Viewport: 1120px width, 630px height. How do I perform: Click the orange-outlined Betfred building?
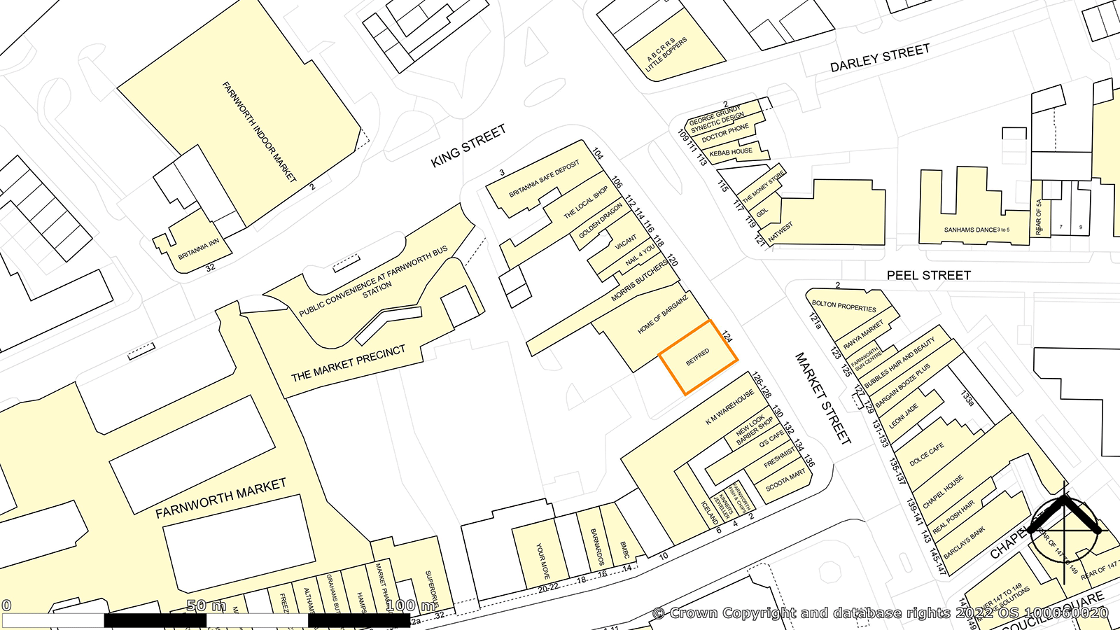[698, 358]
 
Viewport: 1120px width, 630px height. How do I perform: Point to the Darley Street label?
[880, 58]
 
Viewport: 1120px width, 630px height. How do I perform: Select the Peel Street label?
[928, 276]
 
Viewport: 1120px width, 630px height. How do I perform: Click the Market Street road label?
[822, 398]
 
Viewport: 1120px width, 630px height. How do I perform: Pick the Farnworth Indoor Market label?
[259, 132]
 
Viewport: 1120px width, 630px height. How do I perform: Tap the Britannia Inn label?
[198, 248]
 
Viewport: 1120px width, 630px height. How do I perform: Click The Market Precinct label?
[348, 363]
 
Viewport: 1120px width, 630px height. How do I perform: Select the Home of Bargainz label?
[662, 314]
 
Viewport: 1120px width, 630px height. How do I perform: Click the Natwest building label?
[780, 232]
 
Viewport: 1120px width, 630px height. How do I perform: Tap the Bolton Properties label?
[843, 306]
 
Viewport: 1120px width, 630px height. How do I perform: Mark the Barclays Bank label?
[964, 542]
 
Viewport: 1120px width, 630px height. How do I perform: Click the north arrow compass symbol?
[1064, 531]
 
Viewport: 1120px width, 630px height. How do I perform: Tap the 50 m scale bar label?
[206, 605]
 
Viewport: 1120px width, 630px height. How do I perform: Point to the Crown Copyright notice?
[881, 613]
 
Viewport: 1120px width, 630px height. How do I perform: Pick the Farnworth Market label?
[220, 498]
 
